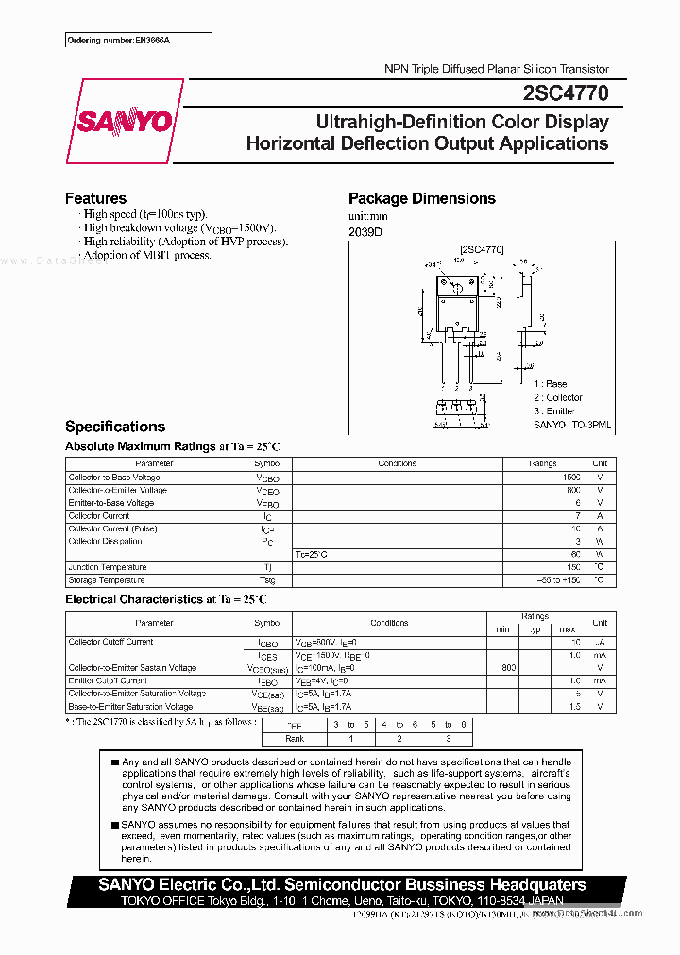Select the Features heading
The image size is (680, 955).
[95, 198]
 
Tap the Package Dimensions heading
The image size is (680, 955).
[421, 198]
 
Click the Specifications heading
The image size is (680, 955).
[114, 427]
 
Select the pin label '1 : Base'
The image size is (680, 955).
[550, 384]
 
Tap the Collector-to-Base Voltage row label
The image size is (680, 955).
[113, 477]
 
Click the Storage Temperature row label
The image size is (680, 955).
[107, 580]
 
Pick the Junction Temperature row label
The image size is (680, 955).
[108, 567]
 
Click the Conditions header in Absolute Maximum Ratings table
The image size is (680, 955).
[397, 464]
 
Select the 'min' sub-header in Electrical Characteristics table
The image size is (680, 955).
[502, 629]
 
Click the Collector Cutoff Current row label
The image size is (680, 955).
[110, 642]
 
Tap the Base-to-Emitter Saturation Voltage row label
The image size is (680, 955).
[130, 707]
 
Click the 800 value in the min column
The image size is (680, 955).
[508, 668]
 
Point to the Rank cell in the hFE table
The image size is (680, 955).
[294, 738]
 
